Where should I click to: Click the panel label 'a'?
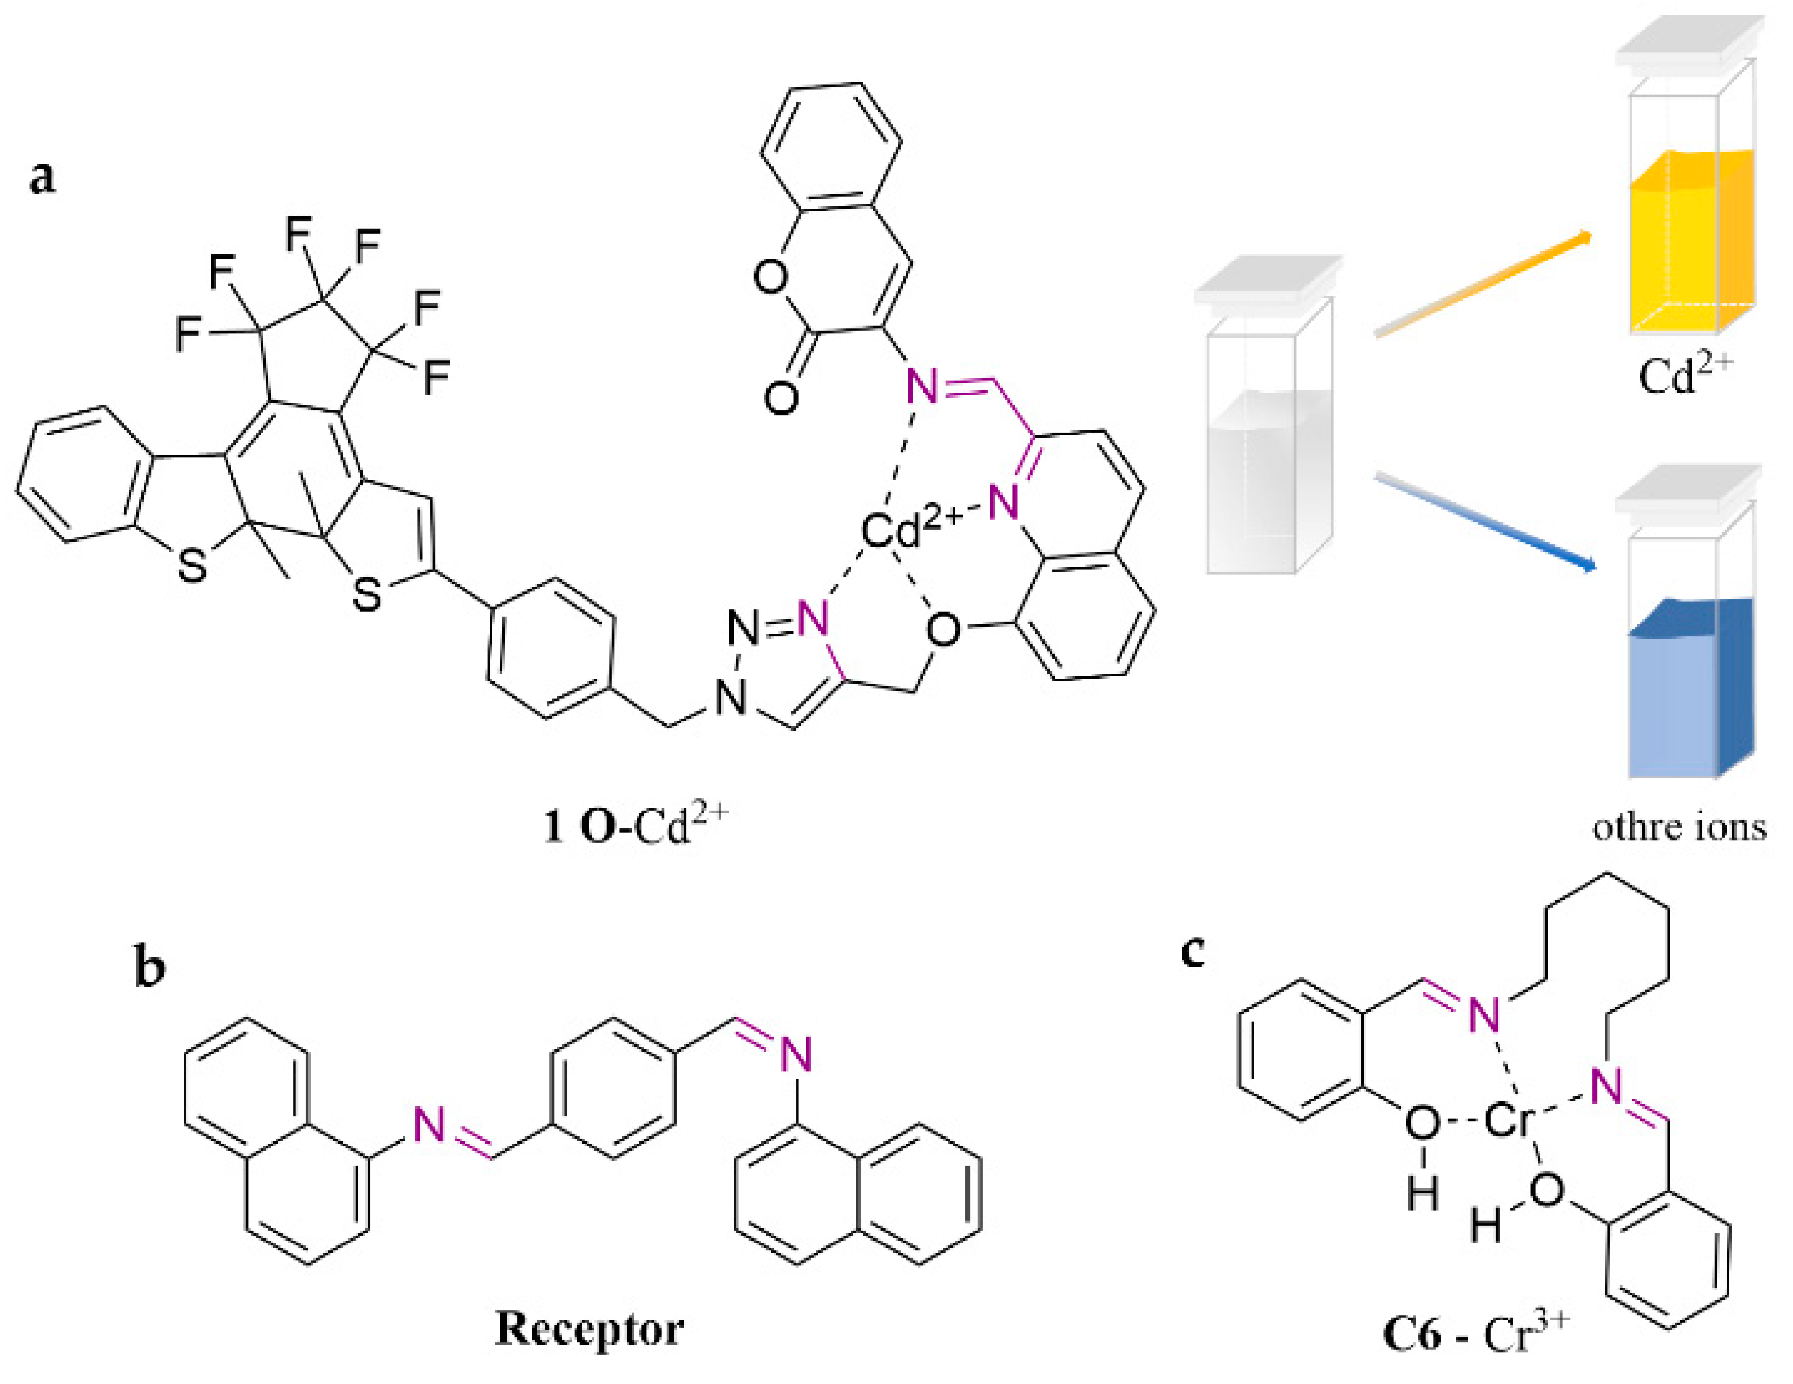pos(43,177)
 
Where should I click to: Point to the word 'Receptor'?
pos(589,1328)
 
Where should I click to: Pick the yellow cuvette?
pos(1691,246)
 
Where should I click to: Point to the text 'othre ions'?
pos(1680,826)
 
